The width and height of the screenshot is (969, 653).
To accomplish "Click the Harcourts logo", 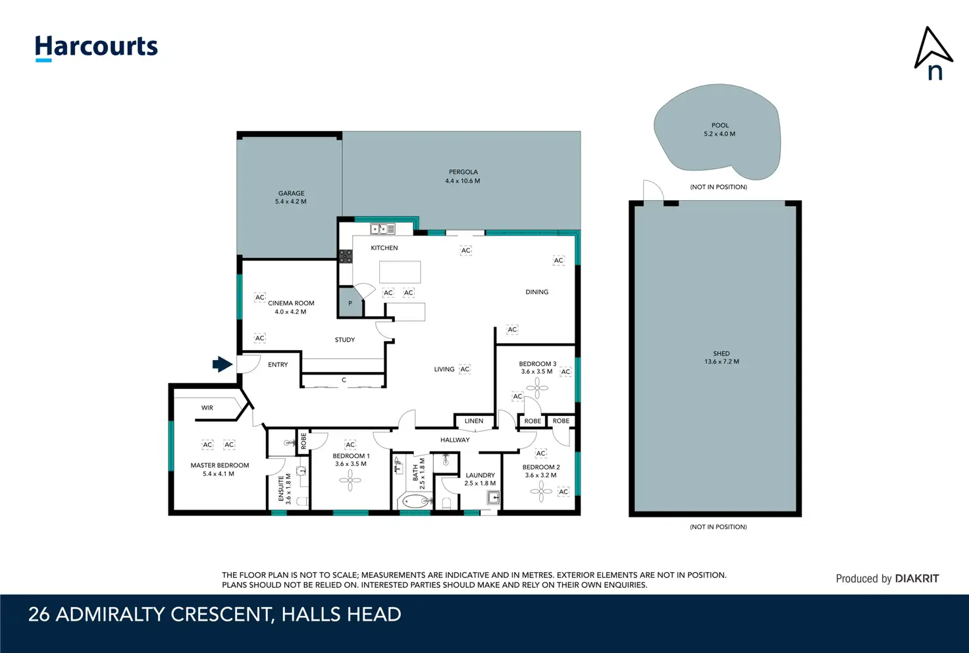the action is pyautogui.click(x=96, y=48).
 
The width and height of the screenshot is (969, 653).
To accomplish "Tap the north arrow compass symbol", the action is pyautogui.click(x=933, y=53).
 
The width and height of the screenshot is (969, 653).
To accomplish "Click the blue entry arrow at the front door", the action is pyautogui.click(x=223, y=364).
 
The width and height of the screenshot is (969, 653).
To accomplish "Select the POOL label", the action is pyautogui.click(x=720, y=126).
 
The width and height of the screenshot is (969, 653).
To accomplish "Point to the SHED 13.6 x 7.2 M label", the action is pyautogui.click(x=721, y=357).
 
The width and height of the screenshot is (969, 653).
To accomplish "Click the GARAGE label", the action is pyautogui.click(x=291, y=194).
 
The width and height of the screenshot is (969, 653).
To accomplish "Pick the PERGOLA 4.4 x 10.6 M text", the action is pyautogui.click(x=463, y=176).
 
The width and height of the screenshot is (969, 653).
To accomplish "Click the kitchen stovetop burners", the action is pyautogui.click(x=346, y=257).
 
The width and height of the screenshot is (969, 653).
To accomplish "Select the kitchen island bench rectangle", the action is pyautogui.click(x=400, y=272).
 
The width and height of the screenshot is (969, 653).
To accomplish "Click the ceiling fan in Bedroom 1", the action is pyautogui.click(x=350, y=481).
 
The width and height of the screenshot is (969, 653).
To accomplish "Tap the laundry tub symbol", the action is pyautogui.click(x=494, y=498).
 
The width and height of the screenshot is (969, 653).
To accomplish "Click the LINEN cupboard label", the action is pyautogui.click(x=474, y=421).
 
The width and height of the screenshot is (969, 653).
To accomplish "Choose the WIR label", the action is pyautogui.click(x=207, y=408).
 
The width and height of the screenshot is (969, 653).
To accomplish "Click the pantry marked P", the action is pyautogui.click(x=350, y=303).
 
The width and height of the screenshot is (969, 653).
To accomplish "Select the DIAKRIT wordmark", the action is pyautogui.click(x=916, y=579).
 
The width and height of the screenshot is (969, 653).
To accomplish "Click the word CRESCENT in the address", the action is pyautogui.click(x=219, y=615).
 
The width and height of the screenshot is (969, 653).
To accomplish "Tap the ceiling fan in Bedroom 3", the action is pyautogui.click(x=537, y=388).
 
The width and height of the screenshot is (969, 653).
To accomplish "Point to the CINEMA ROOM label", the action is pyautogui.click(x=291, y=303).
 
